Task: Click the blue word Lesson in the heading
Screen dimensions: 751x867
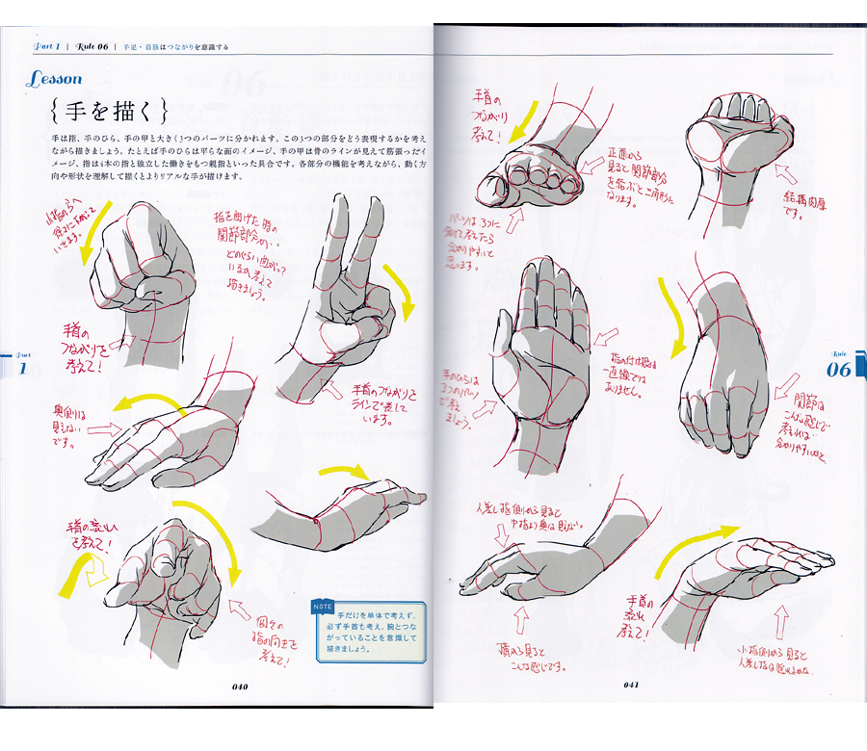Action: click(x=54, y=79)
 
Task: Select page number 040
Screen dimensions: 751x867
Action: click(x=240, y=686)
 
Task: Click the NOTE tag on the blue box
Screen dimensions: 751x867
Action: click(x=324, y=607)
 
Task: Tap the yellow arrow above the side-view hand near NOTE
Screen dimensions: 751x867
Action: click(x=344, y=471)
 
